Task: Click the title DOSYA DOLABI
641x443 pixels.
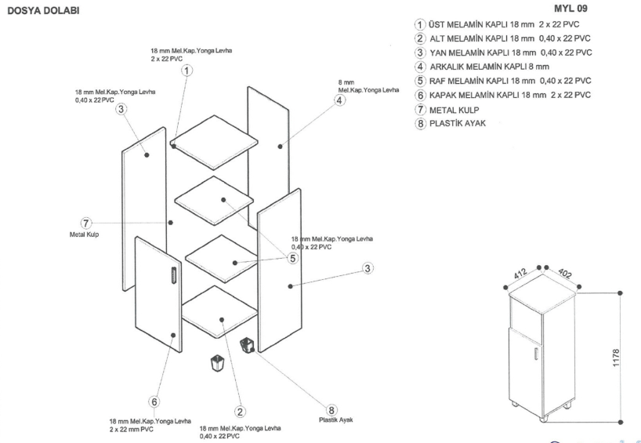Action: pos(44,14)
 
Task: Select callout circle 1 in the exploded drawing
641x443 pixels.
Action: pos(187,70)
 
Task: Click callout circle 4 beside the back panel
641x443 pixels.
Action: pos(339,100)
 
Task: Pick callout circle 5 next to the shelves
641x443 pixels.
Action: pos(292,257)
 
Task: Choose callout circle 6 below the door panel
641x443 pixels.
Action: pos(154,401)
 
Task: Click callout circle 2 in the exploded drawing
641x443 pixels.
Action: pos(241,411)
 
